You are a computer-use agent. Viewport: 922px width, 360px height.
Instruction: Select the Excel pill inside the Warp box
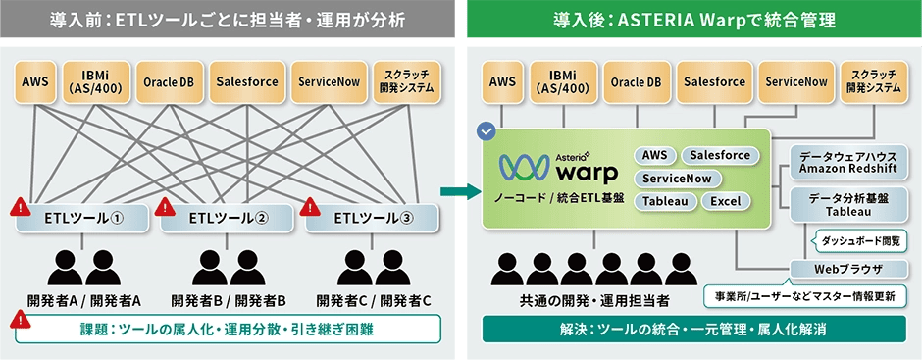[726, 201]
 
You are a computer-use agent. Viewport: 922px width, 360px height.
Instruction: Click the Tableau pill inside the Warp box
[667, 201]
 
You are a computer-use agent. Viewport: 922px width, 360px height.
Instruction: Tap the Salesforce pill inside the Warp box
[720, 155]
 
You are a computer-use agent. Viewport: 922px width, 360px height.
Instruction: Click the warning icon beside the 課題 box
[19, 319]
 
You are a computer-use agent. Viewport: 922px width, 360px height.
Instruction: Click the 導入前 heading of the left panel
[230, 17]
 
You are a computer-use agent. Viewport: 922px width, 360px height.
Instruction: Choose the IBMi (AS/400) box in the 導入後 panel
[562, 82]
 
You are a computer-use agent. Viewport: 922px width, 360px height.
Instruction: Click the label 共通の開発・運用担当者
[594, 299]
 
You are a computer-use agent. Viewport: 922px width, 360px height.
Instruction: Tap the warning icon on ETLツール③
[311, 207]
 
